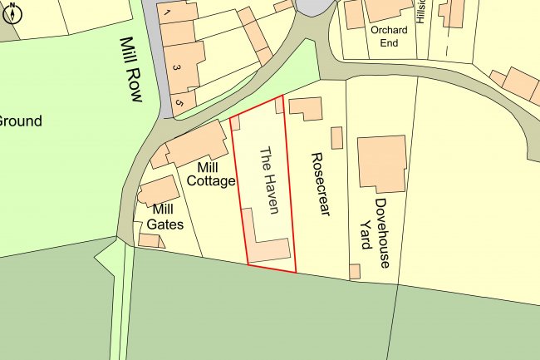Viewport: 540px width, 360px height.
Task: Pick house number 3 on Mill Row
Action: [x=177, y=67]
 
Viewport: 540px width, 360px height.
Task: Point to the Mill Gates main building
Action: [x=156, y=192]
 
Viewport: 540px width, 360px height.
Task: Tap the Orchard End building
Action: [x=391, y=8]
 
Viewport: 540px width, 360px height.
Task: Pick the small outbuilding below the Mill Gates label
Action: [x=149, y=241]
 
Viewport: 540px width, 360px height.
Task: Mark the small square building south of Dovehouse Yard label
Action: [x=355, y=271]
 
